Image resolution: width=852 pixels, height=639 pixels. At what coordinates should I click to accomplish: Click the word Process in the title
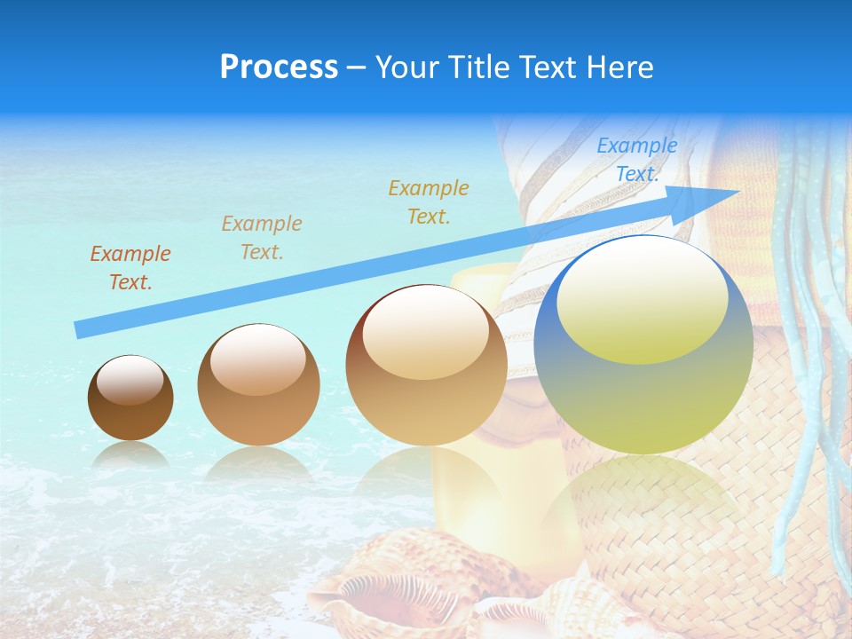279,67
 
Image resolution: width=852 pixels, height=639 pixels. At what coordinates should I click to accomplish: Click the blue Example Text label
636,160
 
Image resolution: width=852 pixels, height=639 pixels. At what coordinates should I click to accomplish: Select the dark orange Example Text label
130,268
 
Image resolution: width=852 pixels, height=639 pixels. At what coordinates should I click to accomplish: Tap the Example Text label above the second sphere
261,238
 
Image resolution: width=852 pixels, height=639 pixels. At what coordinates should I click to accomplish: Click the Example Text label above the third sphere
428,201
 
